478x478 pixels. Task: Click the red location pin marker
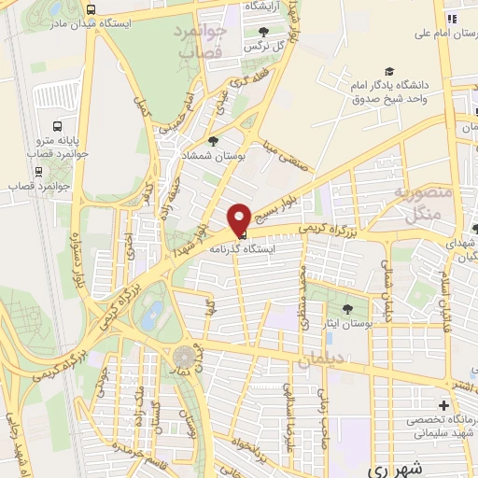pos(239,218)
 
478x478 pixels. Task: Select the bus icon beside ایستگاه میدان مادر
pos(91,10)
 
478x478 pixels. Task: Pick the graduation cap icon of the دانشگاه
pos(388,72)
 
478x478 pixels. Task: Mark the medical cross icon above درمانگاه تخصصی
pos(443,406)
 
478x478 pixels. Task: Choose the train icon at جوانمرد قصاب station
pos(38,172)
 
